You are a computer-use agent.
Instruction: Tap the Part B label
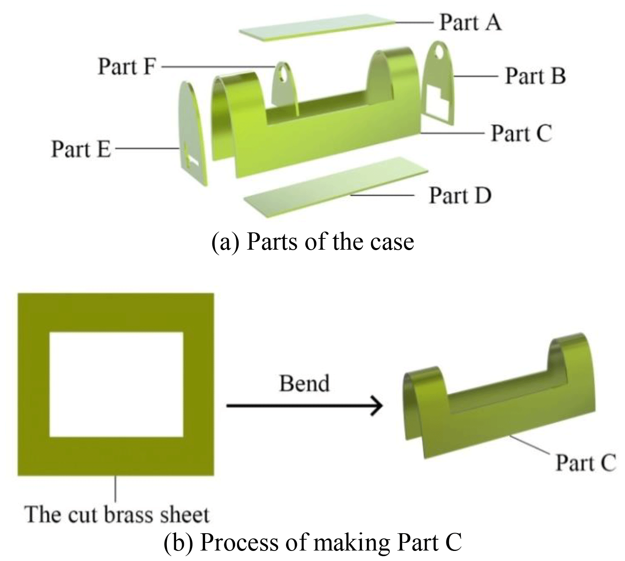(535, 76)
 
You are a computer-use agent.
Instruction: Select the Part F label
(126, 66)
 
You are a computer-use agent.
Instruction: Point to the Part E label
(80, 149)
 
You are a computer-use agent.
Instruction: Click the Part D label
(460, 196)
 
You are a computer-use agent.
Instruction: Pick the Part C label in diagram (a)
(521, 133)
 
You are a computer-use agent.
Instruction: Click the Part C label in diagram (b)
(585, 463)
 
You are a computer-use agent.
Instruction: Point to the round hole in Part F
(284, 72)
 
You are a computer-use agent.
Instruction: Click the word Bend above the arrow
(304, 383)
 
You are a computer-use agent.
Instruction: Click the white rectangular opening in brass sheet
(116, 384)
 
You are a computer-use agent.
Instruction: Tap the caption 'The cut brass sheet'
(117, 514)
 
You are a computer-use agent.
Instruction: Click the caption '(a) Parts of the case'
(312, 242)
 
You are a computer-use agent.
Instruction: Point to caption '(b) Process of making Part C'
(312, 542)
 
